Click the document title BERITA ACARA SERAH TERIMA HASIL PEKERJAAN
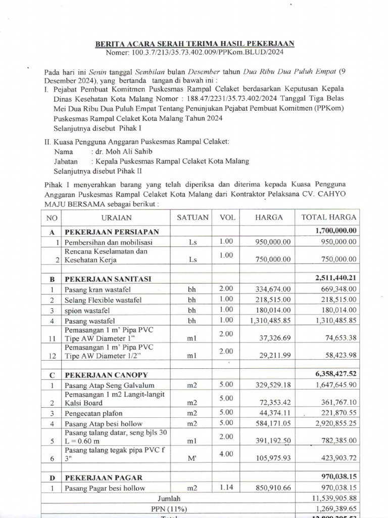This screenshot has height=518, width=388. point(195,45)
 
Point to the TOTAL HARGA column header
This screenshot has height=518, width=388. point(328,218)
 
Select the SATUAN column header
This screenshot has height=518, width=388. point(192,218)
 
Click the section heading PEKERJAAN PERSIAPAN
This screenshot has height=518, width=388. point(111,232)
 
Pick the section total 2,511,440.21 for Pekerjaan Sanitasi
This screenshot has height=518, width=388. point(334,279)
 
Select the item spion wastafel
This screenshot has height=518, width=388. point(86,310)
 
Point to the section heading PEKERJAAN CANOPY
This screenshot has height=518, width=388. point(106,375)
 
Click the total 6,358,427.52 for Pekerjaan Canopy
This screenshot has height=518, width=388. point(334,375)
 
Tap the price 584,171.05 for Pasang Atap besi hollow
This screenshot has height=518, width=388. point(272,423)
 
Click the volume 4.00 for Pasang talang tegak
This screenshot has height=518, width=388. point(226,454)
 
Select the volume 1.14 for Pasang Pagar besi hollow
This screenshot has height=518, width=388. point(226,487)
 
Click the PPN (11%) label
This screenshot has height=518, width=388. point(169,509)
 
